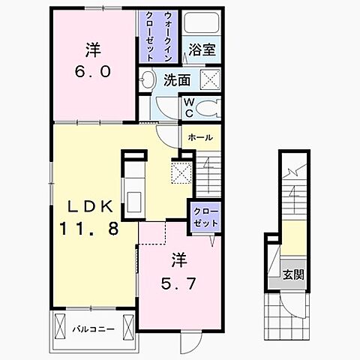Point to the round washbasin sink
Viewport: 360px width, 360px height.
(x=148, y=80)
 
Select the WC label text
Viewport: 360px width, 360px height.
(x=189, y=107)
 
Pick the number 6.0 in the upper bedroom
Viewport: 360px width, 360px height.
(x=93, y=73)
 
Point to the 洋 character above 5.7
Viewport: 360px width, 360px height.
(x=179, y=262)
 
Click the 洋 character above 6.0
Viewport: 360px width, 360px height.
(x=93, y=51)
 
